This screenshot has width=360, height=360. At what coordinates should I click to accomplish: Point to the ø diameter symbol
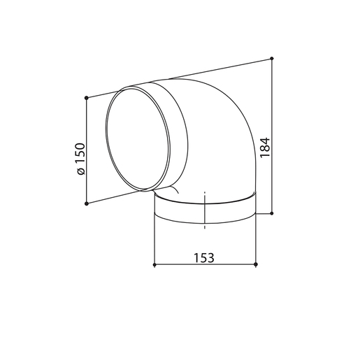point(80,171)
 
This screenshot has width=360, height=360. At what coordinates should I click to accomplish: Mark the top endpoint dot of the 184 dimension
point(272,58)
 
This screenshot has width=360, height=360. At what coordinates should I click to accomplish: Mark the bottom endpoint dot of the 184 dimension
point(272,212)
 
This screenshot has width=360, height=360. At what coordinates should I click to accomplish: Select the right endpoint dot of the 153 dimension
point(257,265)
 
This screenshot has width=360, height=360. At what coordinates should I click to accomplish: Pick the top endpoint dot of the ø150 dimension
point(85,97)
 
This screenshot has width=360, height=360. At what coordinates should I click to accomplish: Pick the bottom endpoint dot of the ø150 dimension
point(85,203)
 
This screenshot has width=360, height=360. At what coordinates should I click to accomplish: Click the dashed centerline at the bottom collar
point(205,210)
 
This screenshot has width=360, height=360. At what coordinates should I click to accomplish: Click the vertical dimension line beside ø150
point(85,126)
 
